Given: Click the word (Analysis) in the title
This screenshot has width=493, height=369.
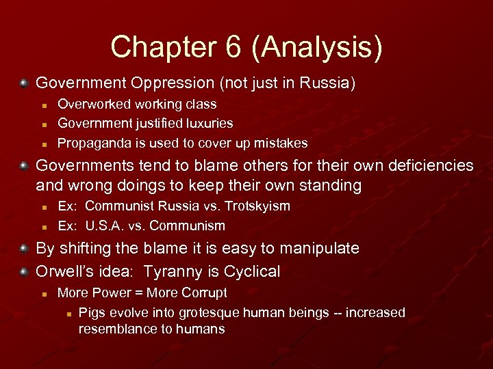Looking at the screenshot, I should (322, 47).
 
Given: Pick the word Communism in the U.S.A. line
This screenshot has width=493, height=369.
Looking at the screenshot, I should (187, 225).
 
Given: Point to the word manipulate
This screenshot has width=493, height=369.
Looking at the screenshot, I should (316, 249).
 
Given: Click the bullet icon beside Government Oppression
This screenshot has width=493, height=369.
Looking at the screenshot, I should (23, 83).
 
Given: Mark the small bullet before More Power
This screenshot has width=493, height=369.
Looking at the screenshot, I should (42, 294).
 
